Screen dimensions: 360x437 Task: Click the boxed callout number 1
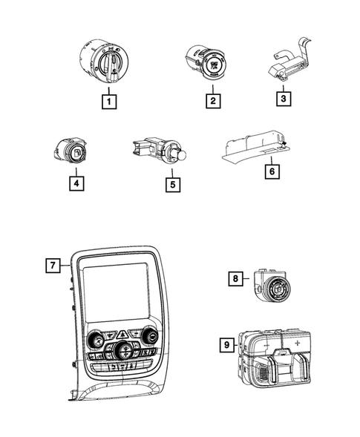coord(109,102)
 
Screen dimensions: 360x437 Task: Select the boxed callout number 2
coord(213,101)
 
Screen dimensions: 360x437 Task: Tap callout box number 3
coord(284,99)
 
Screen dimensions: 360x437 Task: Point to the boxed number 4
coord(76,183)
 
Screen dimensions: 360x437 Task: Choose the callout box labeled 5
coord(173,185)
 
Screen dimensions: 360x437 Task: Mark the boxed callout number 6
coord(272,171)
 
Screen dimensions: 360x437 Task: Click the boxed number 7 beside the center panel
coord(53,266)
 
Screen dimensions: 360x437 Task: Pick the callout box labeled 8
coord(235,278)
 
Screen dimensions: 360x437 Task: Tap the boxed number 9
coord(226,345)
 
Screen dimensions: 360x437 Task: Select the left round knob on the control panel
coord(96,339)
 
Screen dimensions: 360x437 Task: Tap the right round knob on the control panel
coord(150,336)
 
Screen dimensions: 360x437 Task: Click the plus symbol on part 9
coord(298,343)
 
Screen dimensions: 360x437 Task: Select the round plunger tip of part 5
coord(182,155)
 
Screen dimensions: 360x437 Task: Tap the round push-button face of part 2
coord(215,65)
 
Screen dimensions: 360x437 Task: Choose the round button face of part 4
coord(77,153)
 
